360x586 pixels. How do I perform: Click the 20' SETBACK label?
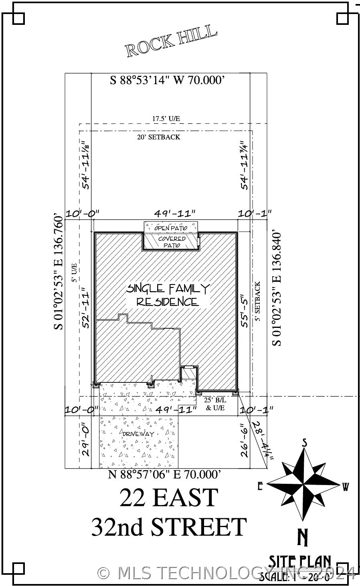(159, 137)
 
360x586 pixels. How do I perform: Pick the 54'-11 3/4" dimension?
(245, 164)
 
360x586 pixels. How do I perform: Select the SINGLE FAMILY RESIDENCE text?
(168, 295)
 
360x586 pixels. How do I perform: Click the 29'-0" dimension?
(85, 439)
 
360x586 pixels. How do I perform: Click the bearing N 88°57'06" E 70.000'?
(165, 475)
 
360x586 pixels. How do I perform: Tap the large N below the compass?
(303, 538)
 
